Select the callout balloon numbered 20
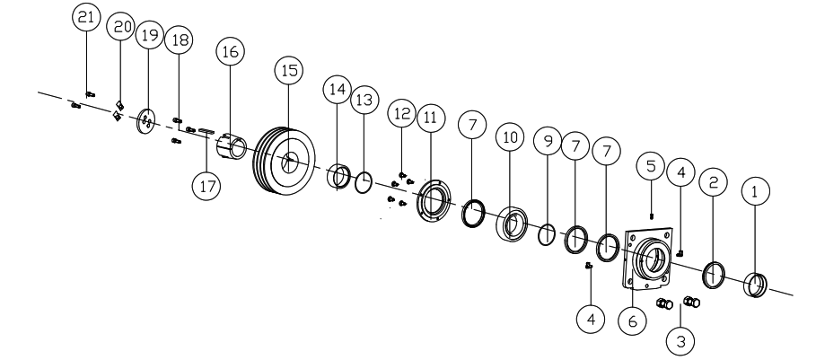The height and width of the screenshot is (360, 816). tap(118, 27)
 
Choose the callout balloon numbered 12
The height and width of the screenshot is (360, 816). tap(401, 113)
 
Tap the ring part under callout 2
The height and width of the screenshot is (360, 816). tap(715, 273)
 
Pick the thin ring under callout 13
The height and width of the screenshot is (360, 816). tap(363, 184)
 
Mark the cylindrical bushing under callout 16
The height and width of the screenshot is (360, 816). tap(233, 144)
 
